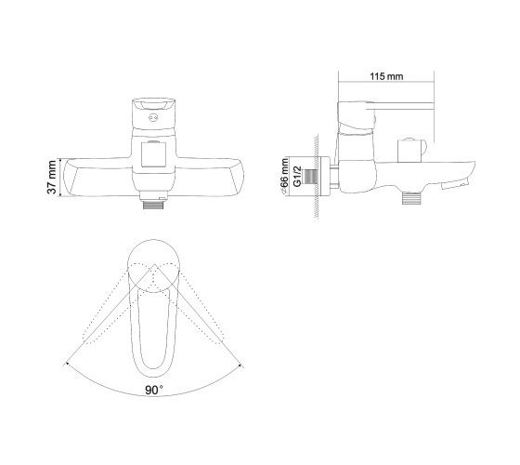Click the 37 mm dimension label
52,177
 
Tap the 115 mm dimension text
386,76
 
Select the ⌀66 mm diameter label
284,177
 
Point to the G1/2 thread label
298,177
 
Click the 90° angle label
154,390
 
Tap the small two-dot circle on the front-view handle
153,117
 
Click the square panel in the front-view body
153,154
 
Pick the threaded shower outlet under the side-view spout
411,198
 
